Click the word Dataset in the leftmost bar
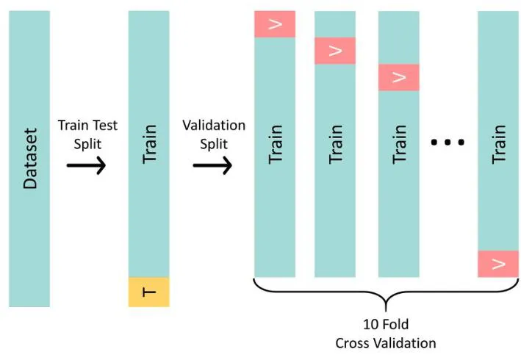pos(29,159)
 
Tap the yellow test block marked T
pos(148,292)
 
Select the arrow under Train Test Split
pos(86,165)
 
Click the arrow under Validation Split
pos(212,165)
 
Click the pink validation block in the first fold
pos(275,24)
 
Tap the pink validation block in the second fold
pos(335,51)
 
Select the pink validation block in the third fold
pos(398,77)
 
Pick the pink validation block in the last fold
pos(498,264)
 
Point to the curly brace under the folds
pos(386,293)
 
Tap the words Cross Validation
pos(386,343)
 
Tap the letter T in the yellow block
pos(149,292)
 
